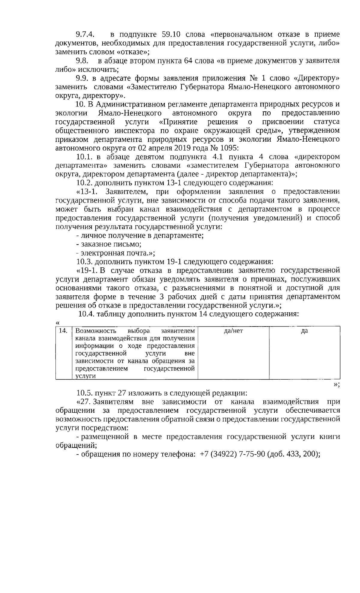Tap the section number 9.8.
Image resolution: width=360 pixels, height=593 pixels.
pos(82,61)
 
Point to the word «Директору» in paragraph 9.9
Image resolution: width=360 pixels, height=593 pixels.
pos(316,79)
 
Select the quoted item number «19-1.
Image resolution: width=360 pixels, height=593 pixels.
pos(87,270)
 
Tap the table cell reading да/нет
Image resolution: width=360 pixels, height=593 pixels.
pos(233,331)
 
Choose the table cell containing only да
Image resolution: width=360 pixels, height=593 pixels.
pos(304,331)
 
